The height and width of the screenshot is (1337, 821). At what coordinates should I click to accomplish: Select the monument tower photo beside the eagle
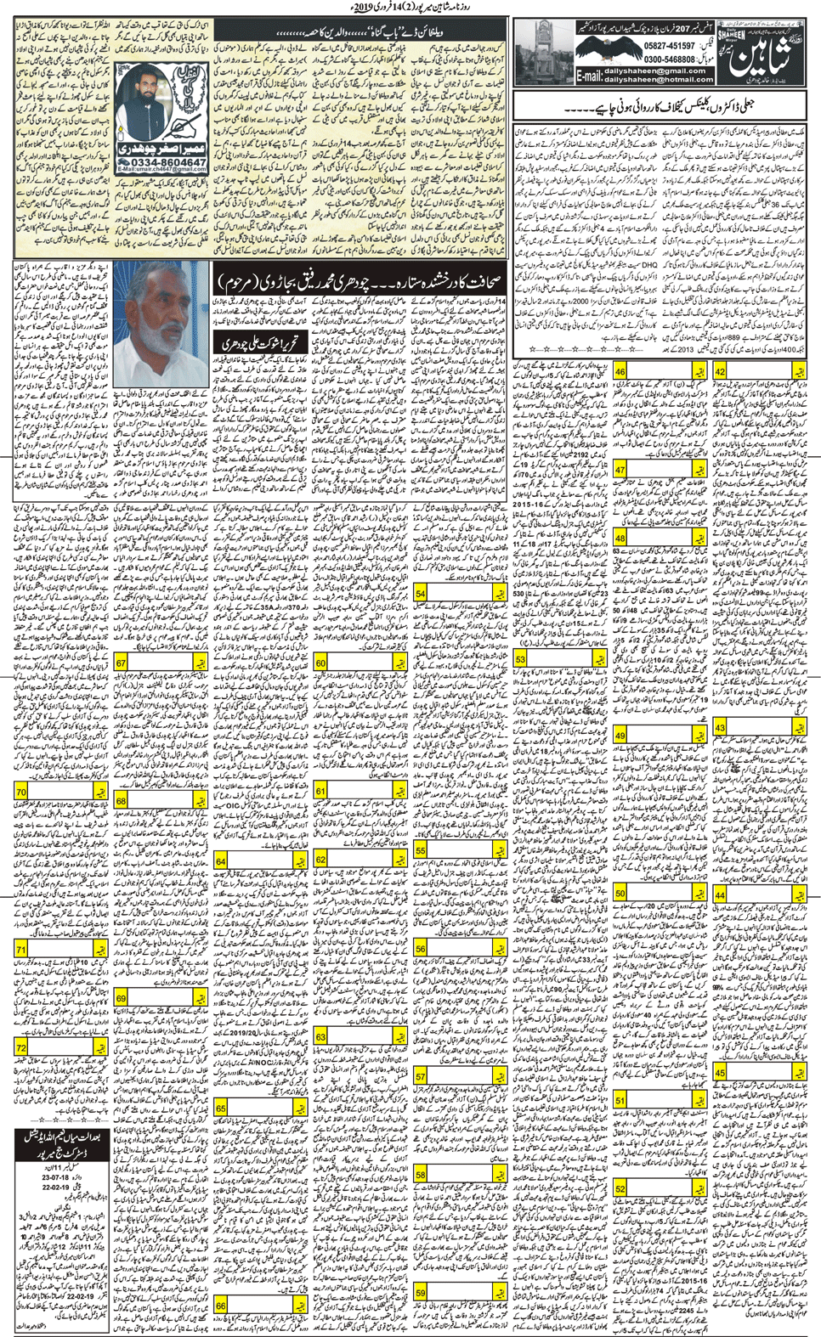538,51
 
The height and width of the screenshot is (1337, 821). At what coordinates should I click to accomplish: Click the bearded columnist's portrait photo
161,110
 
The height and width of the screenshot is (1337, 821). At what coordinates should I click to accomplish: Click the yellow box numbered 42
721,371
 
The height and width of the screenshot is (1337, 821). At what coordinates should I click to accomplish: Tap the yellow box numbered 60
321,663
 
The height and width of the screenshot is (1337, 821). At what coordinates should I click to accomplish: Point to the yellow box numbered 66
221,1306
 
